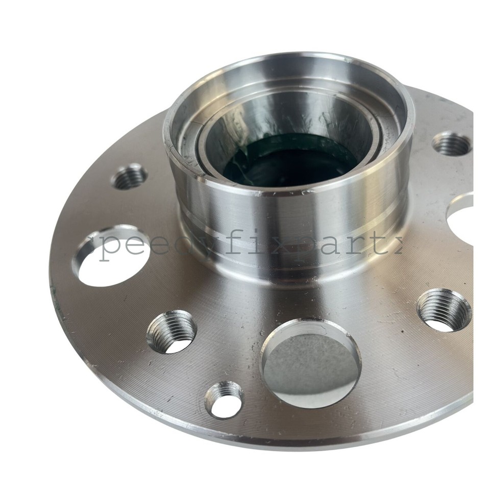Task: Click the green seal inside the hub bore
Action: (x=286, y=158)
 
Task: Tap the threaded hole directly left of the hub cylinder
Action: (x=129, y=176)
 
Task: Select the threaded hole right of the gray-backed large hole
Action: (x=444, y=309)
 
